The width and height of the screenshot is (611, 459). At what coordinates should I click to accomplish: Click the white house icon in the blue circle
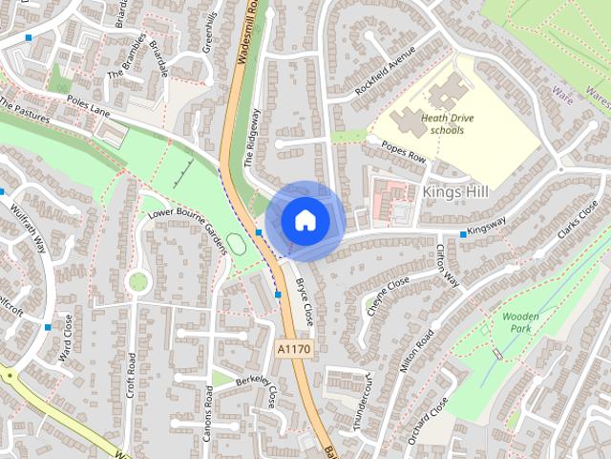(305, 220)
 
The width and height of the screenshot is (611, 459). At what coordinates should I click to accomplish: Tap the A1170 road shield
(293, 350)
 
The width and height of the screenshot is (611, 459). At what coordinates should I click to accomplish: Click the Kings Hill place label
(454, 192)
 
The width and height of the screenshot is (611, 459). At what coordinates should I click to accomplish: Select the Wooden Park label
(521, 321)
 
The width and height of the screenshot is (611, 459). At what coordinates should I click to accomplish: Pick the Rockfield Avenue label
(385, 69)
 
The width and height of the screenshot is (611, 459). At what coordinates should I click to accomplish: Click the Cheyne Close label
(386, 293)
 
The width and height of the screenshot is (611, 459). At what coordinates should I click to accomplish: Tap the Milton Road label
(417, 352)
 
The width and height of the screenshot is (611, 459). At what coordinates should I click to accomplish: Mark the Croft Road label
(131, 373)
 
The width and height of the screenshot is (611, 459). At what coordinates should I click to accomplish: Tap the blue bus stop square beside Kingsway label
(463, 234)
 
